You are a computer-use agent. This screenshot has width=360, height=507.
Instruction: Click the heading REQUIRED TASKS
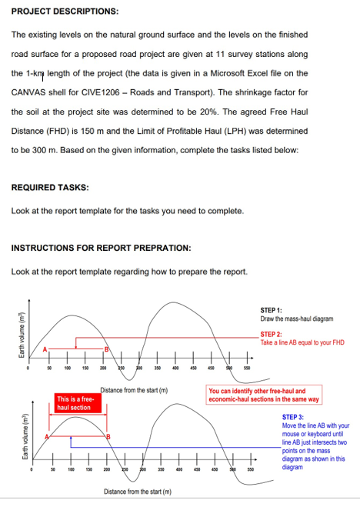point(50,187)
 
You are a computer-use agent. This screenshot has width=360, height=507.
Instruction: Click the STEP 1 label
point(271,309)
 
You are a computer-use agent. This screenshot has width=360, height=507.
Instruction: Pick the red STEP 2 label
point(272,334)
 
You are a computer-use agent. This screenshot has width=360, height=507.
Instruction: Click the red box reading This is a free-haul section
point(75,402)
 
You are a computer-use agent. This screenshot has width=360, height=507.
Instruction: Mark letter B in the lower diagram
point(108,437)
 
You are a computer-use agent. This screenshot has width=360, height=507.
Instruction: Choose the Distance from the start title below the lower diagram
point(135,491)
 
